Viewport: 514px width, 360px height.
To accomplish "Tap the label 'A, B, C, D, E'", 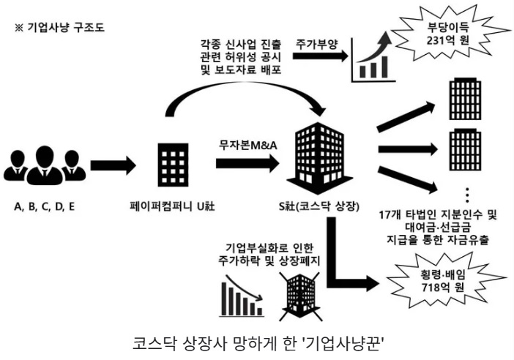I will coord(44,206).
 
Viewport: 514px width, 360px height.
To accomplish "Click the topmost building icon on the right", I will coord(465,97).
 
